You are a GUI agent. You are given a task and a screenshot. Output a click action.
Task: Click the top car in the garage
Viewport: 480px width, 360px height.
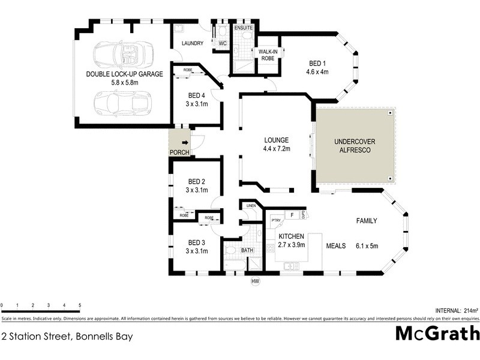pyautogui.click(x=123, y=54)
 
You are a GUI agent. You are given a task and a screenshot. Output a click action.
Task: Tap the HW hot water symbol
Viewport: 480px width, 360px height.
pyautogui.click(x=254, y=281)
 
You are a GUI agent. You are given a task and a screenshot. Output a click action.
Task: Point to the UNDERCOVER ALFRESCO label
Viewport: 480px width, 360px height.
pyautogui.click(x=355, y=146)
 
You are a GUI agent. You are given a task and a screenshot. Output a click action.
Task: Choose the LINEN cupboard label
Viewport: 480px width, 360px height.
pyautogui.click(x=251, y=206)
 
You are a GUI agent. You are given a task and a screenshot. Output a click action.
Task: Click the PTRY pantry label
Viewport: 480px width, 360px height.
pyautogui.click(x=276, y=220)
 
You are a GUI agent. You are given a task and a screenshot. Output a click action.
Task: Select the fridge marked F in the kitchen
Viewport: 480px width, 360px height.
pyautogui.click(x=291, y=214)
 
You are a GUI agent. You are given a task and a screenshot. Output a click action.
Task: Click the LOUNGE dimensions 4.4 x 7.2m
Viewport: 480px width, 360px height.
pyautogui.click(x=276, y=148)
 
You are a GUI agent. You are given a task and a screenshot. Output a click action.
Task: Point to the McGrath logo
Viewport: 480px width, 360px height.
pyautogui.click(x=437, y=333)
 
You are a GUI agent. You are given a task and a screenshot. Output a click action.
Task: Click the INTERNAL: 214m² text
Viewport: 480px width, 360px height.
pyautogui.click(x=452, y=310)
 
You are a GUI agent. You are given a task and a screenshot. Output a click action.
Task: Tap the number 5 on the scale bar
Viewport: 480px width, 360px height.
pyautogui.click(x=79, y=305)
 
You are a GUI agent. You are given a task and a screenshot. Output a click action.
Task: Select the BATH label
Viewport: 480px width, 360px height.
pyautogui.click(x=247, y=250)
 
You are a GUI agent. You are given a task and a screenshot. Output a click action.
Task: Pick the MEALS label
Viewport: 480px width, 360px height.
pyautogui.click(x=335, y=246)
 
